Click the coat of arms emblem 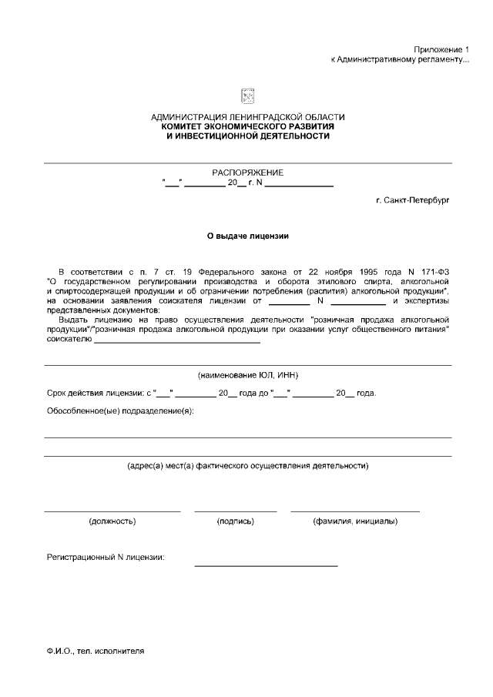point(248,96)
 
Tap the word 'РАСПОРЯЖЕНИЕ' point(248,173)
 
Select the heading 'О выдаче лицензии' point(248,236)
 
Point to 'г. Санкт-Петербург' point(412,199)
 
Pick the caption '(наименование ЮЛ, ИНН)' point(248,375)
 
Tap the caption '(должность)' point(113,521)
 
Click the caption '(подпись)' point(236,521)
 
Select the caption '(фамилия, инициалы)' point(355,521)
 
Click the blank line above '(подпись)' point(236,511)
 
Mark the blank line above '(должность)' point(112,511)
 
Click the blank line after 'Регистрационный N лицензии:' point(266,565)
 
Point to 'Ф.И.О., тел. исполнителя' point(95,650)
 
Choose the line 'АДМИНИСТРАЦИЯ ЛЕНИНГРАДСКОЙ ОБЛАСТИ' point(248,117)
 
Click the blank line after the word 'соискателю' point(176,341)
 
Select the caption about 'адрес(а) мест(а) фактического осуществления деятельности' point(248,466)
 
